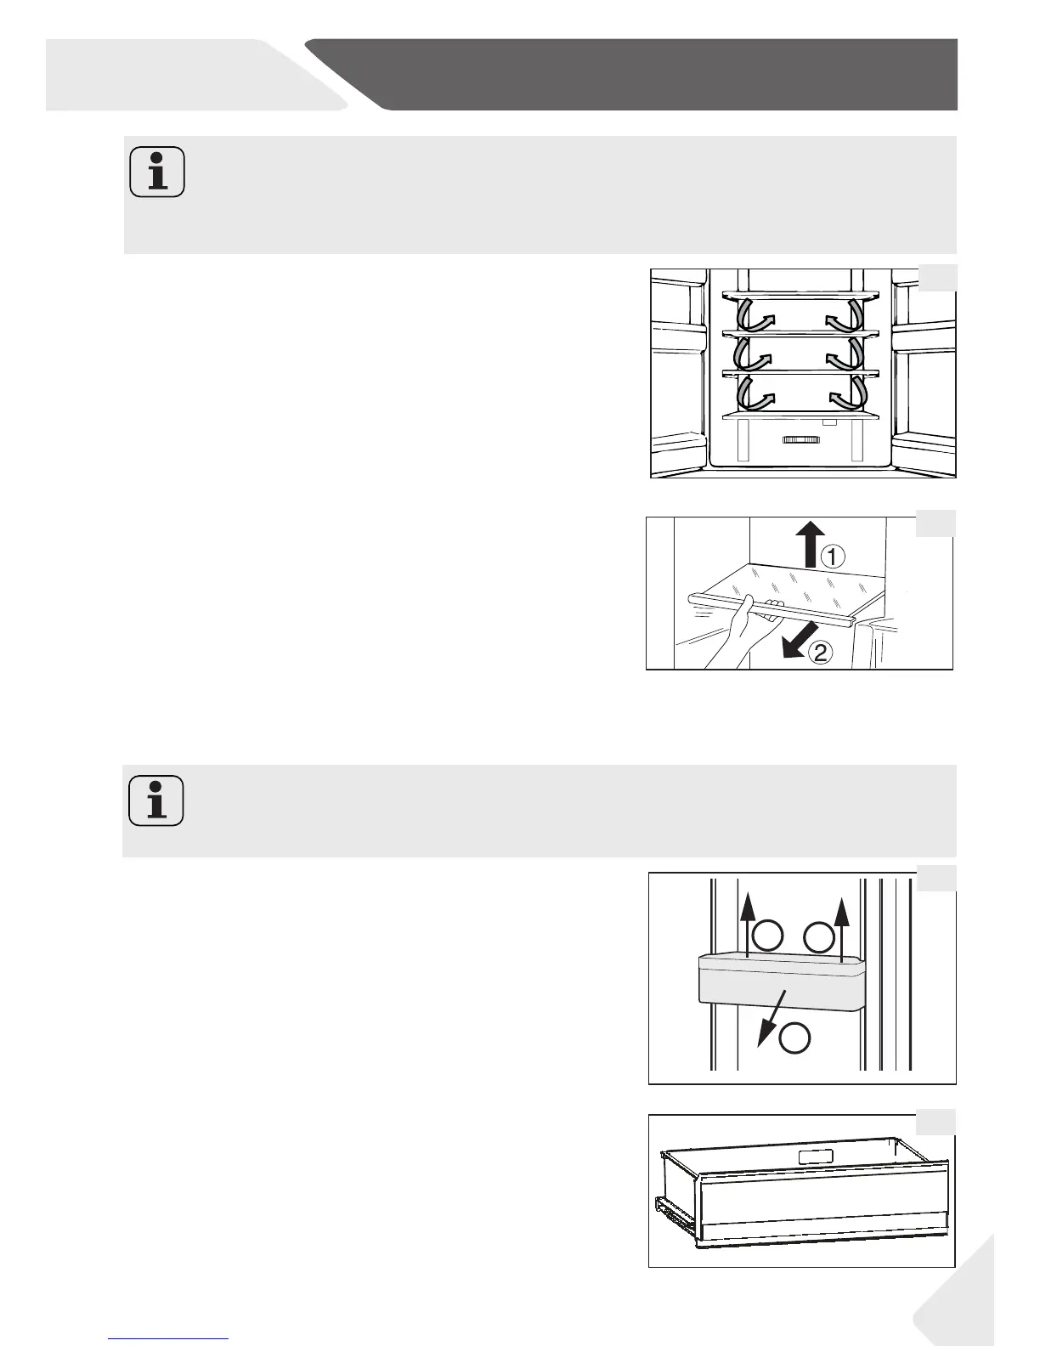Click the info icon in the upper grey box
(x=157, y=172)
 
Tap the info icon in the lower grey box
(x=157, y=800)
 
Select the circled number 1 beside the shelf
(x=832, y=557)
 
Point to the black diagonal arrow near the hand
(x=800, y=640)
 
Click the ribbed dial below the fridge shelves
(x=799, y=440)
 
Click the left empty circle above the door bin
(x=769, y=936)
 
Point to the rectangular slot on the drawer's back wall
(x=815, y=1157)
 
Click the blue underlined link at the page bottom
(x=169, y=1338)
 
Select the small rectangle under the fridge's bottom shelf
(x=830, y=421)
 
